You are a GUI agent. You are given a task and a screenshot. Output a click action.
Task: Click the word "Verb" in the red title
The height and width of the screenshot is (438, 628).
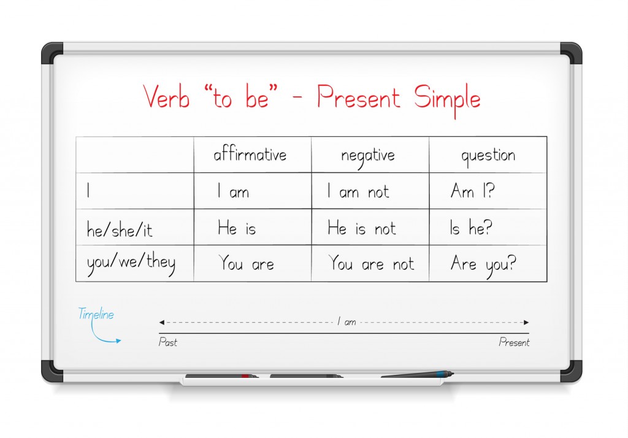coord(166,96)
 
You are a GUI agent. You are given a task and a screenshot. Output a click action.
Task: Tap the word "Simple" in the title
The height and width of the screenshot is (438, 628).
coord(447,99)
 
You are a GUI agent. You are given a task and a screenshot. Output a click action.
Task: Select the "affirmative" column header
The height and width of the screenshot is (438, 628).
coord(250,154)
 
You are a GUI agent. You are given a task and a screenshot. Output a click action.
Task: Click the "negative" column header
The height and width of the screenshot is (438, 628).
coord(368,156)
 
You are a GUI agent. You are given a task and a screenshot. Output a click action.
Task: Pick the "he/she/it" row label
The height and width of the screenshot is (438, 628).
coord(120,229)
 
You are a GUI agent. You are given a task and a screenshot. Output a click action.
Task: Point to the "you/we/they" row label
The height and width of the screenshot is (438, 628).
coord(131,263)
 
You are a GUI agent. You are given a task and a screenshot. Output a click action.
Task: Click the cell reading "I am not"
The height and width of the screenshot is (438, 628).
coord(358,191)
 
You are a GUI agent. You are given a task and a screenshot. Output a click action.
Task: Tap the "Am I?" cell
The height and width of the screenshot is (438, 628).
coord(473,190)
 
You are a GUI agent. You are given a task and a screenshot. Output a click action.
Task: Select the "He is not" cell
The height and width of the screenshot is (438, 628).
coord(362,228)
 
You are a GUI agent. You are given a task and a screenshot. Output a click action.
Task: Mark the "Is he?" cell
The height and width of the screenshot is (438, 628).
coord(470,227)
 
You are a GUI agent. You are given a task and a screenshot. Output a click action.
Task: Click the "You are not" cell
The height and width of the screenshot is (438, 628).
coord(371,263)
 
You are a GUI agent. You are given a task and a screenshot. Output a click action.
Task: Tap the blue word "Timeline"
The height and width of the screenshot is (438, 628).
coord(96,313)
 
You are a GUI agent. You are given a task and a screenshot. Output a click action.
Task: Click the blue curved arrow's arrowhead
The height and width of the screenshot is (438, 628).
coord(118,341)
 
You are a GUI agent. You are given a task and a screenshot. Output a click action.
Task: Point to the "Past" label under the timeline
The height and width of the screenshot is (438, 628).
coord(167,342)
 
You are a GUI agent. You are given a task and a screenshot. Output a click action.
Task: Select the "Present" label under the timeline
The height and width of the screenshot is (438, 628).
coord(514,342)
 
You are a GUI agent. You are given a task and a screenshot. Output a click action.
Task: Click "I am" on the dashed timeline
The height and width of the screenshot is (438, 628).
coord(347,321)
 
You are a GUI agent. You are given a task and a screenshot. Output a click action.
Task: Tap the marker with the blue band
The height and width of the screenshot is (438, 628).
coord(417,375)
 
